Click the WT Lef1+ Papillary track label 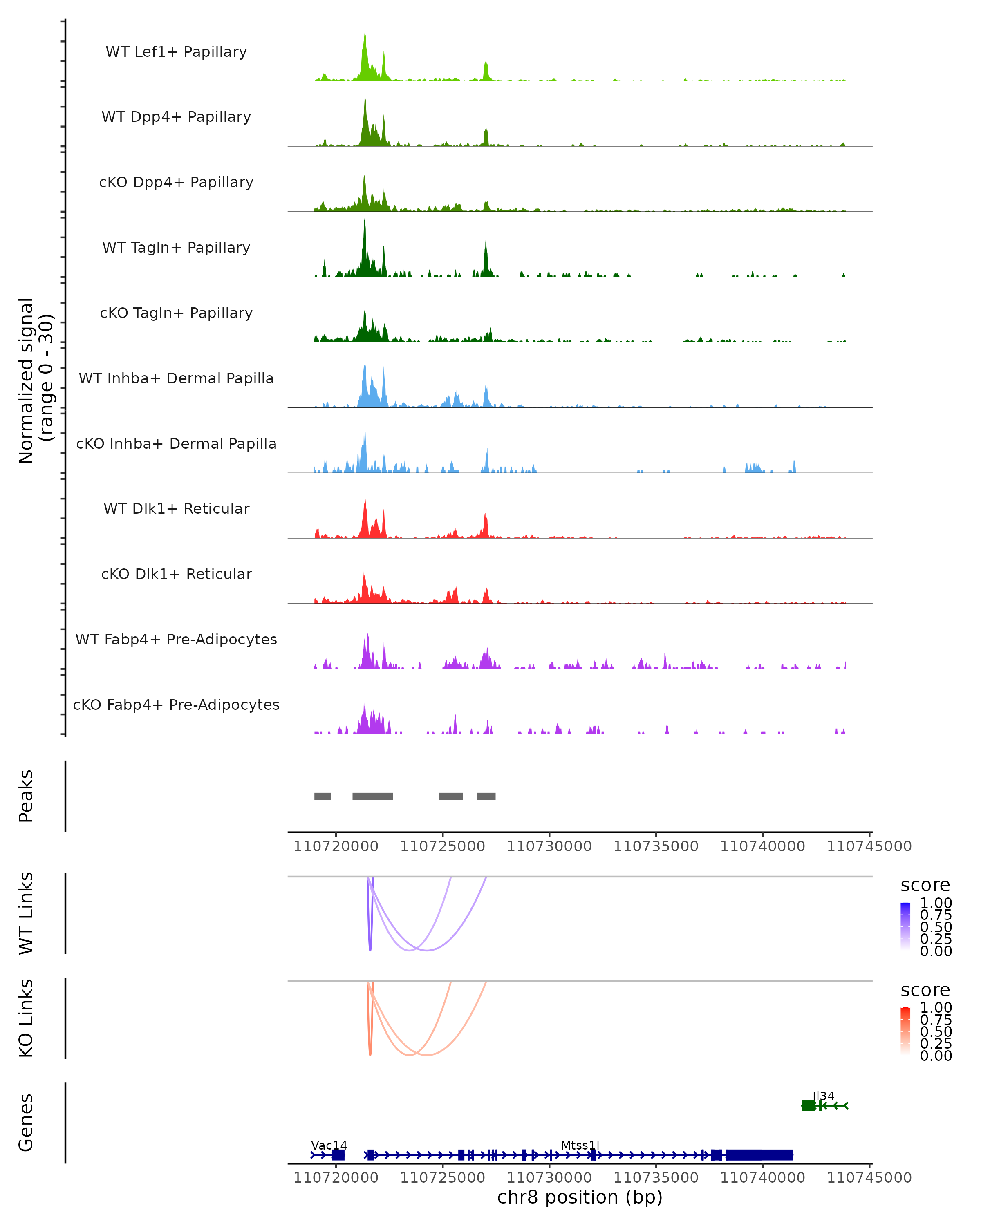pos(176,52)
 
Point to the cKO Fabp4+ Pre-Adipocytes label pos(176,705)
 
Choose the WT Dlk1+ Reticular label pos(176,508)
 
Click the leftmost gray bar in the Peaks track pos(323,796)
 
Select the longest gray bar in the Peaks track pos(372,796)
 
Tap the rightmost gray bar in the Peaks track pos(486,796)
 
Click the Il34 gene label pos(824,1096)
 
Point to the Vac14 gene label pos(329,1145)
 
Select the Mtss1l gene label pos(580,1145)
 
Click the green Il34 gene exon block pos(808,1105)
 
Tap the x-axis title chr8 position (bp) pos(580,1197)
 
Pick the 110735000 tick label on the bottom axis pos(656,1178)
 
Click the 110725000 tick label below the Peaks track pos(442,846)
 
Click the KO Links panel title pos(26,1018)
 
